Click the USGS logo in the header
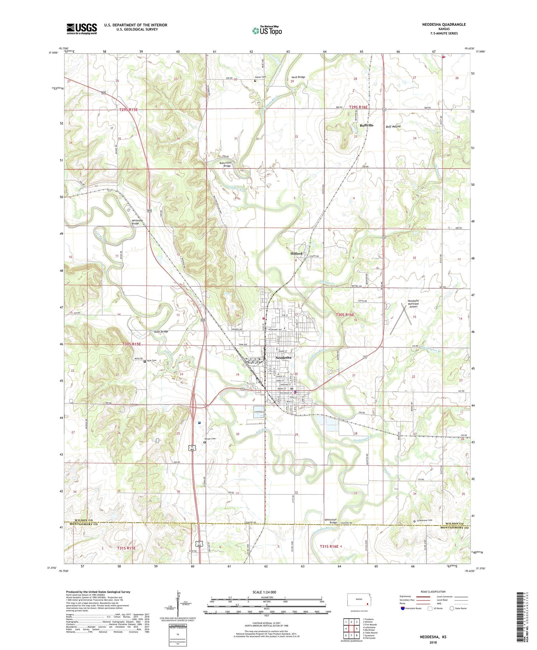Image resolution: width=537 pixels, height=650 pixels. point(82,29)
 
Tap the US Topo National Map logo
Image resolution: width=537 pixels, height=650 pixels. point(267,30)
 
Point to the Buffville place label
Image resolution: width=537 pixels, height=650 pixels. point(366,125)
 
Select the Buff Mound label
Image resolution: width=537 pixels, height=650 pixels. point(393,127)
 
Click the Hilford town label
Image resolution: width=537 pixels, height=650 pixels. point(296,253)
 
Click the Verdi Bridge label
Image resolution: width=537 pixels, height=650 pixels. point(298,77)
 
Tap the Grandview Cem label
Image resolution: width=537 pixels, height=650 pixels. point(425,521)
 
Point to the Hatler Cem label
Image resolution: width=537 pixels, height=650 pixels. point(260,77)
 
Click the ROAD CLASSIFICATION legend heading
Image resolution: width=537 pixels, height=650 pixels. point(433,592)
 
